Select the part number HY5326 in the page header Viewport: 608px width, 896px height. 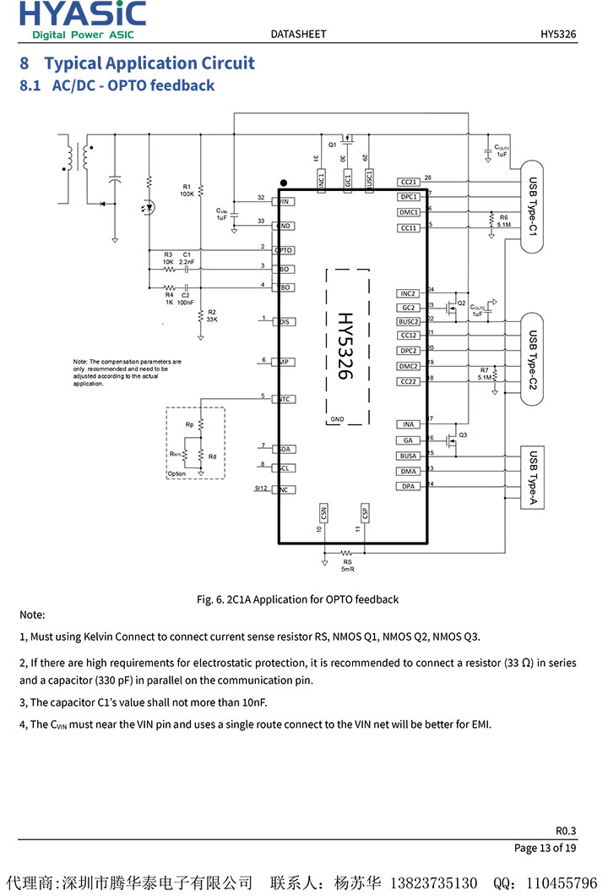coord(558,34)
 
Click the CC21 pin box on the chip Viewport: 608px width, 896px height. coord(409,182)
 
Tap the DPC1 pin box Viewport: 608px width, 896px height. coord(409,197)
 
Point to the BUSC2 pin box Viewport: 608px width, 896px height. coord(409,321)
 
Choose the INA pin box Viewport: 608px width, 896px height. coord(409,424)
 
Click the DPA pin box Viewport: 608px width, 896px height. coord(409,486)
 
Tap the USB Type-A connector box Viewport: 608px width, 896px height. coord(532,478)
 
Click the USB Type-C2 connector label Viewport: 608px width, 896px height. coord(532,358)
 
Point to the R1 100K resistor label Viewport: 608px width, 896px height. coord(187,190)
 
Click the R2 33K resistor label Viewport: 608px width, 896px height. coord(212,316)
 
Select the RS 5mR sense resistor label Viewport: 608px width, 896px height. coord(347,565)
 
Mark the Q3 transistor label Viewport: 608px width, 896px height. coord(463,434)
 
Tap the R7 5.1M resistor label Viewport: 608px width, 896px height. coord(484,374)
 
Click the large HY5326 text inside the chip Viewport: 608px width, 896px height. coord(345,345)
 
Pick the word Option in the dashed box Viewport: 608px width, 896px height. coord(176,474)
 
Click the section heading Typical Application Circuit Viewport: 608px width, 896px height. coord(149,63)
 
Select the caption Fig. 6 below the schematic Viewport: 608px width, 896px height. coord(297,599)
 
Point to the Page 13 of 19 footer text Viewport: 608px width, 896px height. coord(546,848)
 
